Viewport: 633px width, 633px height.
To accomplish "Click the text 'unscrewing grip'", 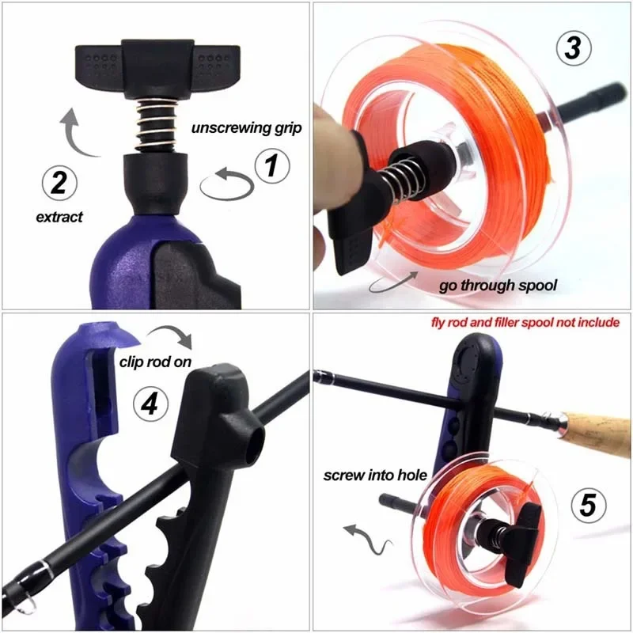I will pos(246,128).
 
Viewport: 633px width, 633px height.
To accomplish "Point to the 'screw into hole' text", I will pos(375,476).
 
